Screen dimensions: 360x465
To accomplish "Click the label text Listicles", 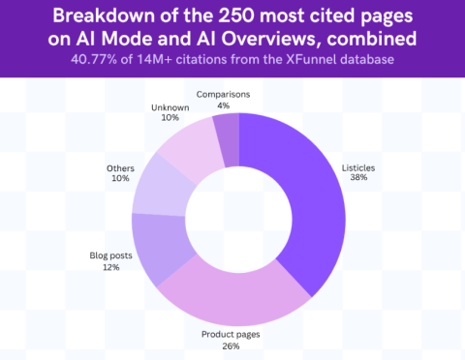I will coord(359,168).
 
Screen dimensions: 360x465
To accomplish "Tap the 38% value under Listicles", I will coord(359,179).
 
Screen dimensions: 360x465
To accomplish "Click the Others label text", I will coord(120,168).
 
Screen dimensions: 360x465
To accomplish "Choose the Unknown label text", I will coord(170,105).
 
